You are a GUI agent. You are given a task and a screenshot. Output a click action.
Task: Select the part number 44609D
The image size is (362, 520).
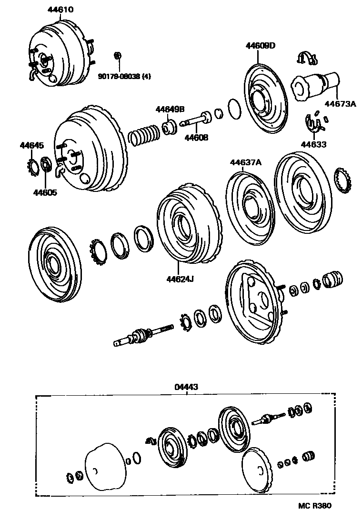pyautogui.click(x=261, y=46)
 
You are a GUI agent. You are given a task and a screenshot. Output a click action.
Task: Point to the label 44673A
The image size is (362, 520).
pyautogui.click(x=340, y=104)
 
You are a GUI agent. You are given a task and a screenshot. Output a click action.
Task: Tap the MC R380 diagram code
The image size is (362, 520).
pyautogui.click(x=329, y=506)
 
